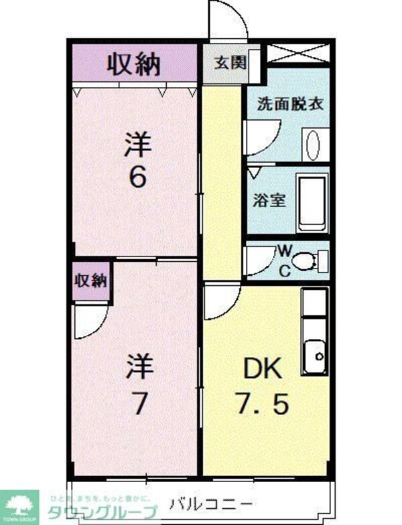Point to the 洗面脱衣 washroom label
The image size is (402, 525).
[x=291, y=104]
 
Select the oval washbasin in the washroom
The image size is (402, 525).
[x=312, y=145]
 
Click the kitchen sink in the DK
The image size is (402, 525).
[x=314, y=354]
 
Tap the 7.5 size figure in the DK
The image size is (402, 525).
[x=262, y=404]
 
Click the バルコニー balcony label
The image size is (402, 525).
[x=210, y=504]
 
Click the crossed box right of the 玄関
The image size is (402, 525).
[x=297, y=53]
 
